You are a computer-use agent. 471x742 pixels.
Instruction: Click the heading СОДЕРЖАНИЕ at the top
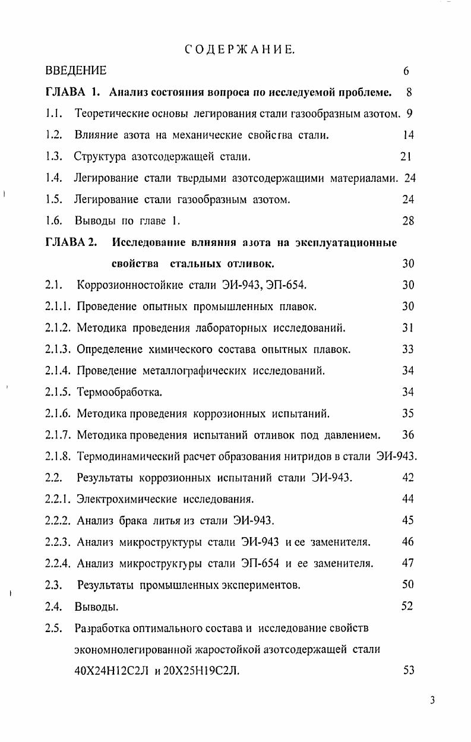coord(240,50)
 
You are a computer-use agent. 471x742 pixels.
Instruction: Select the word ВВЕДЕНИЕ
coord(76,71)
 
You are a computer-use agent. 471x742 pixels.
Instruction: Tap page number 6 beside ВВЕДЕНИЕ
coord(406,71)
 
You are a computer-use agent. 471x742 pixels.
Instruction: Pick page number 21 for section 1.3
coord(406,157)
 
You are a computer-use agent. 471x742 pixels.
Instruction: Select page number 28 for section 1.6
coord(408,221)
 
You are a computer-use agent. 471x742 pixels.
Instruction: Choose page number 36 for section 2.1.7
coord(408,435)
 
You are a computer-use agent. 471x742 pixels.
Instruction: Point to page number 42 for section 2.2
coord(408,478)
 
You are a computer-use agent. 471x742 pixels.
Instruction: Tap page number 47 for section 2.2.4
coord(408,563)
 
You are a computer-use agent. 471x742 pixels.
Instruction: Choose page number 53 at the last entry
coord(408,671)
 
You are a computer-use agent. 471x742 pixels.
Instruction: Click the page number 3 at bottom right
coord(433,700)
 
